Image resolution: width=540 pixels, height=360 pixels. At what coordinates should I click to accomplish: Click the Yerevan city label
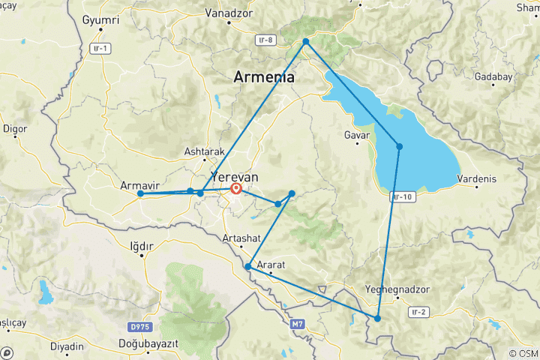[235, 176]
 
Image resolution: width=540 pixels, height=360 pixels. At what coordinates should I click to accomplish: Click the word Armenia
[263, 77]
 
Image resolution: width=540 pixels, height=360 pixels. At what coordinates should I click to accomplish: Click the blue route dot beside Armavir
[141, 193]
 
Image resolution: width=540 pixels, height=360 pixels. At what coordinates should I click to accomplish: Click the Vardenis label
[476, 178]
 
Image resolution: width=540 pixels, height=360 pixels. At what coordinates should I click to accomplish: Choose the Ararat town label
[271, 265]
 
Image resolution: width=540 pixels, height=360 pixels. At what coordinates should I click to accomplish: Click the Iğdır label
[141, 245]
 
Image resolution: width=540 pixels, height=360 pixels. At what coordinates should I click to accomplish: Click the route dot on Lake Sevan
[400, 146]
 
